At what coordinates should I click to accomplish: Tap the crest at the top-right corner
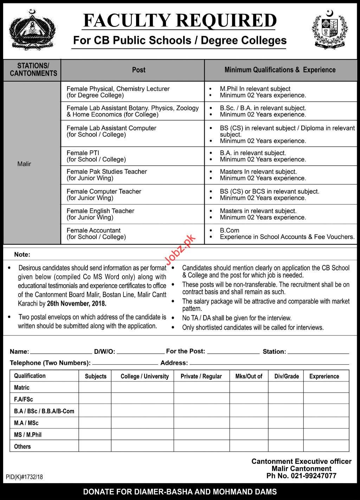pos(329,30)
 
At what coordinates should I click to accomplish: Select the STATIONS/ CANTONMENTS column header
pos(33,70)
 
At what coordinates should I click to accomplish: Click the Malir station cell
pos(24,164)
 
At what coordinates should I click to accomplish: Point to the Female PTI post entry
pos(96,156)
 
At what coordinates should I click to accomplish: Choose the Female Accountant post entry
pos(96,233)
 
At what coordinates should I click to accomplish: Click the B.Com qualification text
pos(230,230)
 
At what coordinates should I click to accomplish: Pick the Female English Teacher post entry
pos(100,214)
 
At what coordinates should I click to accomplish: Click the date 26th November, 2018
pos(76,303)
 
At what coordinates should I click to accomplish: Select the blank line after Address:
pos(269,364)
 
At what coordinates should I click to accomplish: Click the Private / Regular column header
pos(201,376)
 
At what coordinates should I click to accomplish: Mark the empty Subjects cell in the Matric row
pos(95,387)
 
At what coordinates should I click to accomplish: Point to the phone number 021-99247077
pos(313,476)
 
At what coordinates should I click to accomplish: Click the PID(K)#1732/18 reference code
pos(24,477)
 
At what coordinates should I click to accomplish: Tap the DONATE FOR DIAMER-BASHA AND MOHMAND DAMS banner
pos(180,492)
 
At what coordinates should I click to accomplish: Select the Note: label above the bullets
pos(22,254)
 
